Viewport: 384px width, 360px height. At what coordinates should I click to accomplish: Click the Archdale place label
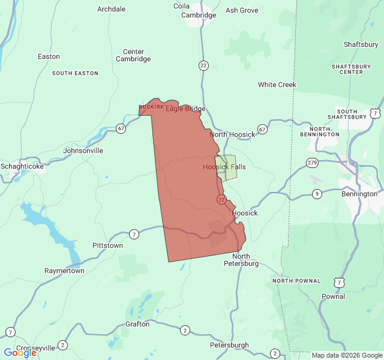tap(112, 10)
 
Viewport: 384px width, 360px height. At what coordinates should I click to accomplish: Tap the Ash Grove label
tap(242, 10)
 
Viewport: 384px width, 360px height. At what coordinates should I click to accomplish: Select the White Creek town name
tap(277, 85)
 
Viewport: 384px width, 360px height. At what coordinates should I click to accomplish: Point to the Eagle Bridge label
tap(185, 109)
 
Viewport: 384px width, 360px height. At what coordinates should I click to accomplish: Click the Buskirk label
tap(151, 107)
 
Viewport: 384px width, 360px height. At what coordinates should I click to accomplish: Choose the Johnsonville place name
tap(83, 151)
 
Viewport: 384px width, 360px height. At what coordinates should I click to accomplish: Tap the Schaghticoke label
tap(22, 166)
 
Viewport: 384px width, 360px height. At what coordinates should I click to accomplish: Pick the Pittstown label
tap(108, 246)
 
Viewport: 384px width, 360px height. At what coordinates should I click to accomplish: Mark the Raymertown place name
tap(64, 271)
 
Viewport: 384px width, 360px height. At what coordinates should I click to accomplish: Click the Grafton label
tap(137, 324)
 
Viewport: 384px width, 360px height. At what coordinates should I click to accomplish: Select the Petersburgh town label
tap(229, 346)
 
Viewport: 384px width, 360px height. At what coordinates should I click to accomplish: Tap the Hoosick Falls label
tap(224, 167)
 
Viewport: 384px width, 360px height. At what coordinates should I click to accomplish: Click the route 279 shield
tap(312, 163)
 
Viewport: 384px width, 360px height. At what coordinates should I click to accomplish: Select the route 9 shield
tap(317, 193)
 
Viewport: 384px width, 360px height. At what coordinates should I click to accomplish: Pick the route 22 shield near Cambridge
tap(204, 65)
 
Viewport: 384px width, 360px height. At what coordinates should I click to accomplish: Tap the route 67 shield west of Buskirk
tap(121, 128)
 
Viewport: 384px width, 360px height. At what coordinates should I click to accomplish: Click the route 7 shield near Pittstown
tap(133, 234)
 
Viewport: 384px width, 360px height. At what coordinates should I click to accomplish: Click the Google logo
tap(20, 353)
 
